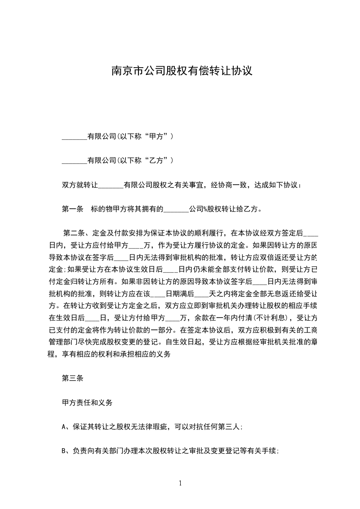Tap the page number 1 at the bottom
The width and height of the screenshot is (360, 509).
[x=180, y=483]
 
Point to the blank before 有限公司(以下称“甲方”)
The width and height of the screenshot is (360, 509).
[x=74, y=137]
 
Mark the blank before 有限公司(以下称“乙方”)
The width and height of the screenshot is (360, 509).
[x=74, y=161]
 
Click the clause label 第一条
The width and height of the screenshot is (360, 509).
[x=72, y=209]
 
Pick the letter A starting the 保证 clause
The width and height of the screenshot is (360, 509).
[x=64, y=426]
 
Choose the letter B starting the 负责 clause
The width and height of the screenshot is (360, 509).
[x=64, y=451]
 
